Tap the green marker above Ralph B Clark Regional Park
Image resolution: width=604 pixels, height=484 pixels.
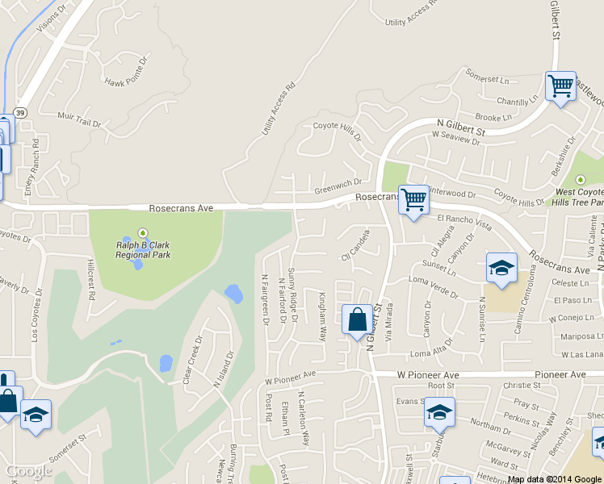pos(145,232)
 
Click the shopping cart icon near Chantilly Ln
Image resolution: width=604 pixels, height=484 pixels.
pos(560,86)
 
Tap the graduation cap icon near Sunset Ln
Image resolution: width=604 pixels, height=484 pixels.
pos(501,268)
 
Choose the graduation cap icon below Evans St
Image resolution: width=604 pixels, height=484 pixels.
pos(439,412)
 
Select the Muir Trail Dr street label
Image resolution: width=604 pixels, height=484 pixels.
pos(79,120)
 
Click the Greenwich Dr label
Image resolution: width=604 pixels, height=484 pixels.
pos(338,186)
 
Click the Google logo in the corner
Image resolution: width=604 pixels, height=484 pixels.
pos(29,471)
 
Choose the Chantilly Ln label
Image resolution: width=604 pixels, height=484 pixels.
pos(517,102)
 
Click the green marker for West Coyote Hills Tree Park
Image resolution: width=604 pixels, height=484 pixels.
pos(579,179)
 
